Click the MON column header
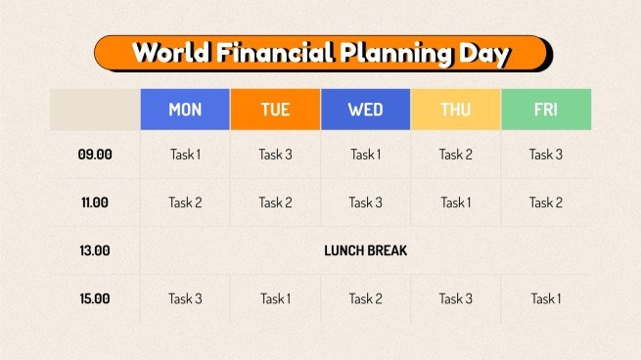coord(185,110)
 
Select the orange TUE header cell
coord(275,110)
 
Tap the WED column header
coord(365,110)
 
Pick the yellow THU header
coord(455,110)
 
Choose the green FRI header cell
coord(545,110)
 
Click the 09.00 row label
coord(95,155)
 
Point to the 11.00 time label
coord(95,202)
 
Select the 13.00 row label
coord(95,250)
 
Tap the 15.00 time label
coord(95,298)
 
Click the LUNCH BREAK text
coord(365,250)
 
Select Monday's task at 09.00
coord(185,155)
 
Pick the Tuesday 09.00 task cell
coord(275,155)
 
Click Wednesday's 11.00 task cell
coord(365,202)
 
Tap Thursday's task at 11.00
coord(455,202)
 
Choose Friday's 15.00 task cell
coord(545,298)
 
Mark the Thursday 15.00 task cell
coord(455,298)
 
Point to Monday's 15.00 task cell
coord(185,298)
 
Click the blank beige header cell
coord(95,110)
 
